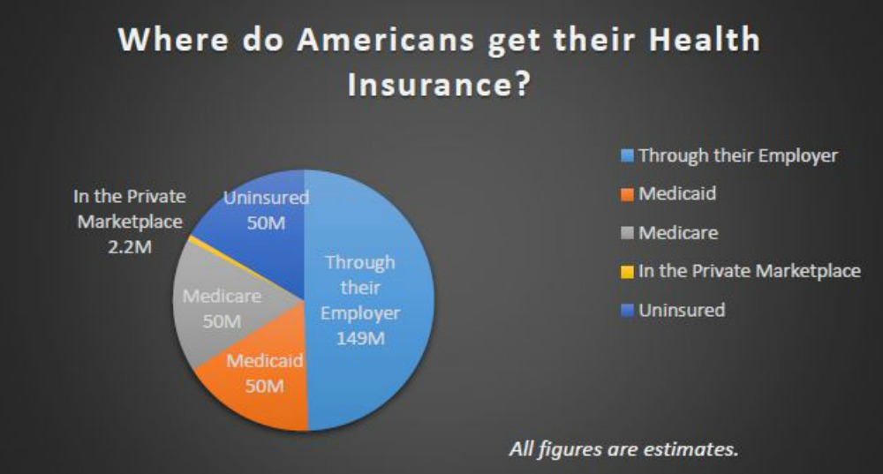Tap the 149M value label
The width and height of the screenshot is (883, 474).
359,339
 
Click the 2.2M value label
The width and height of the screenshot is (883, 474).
129,247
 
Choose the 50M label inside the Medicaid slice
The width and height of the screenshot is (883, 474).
264,386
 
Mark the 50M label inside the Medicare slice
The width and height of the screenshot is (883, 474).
222,320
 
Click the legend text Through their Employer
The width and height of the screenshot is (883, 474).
737,155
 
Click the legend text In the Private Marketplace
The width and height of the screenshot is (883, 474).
749,271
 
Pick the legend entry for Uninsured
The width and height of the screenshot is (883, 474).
681,310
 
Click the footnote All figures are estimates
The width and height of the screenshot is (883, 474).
623,448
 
